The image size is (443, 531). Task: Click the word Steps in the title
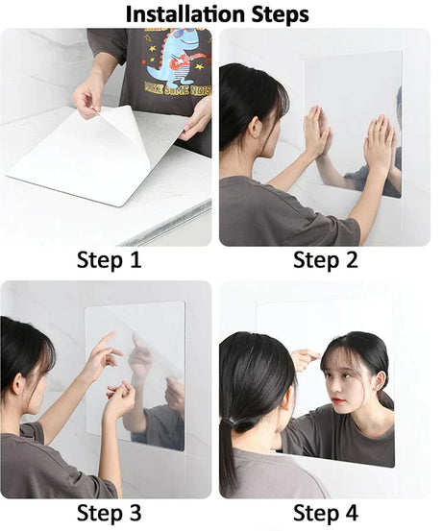coord(277,13)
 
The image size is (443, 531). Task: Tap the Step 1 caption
coord(110,259)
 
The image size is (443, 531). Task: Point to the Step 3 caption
coord(110,512)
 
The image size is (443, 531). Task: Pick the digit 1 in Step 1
coord(137,259)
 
